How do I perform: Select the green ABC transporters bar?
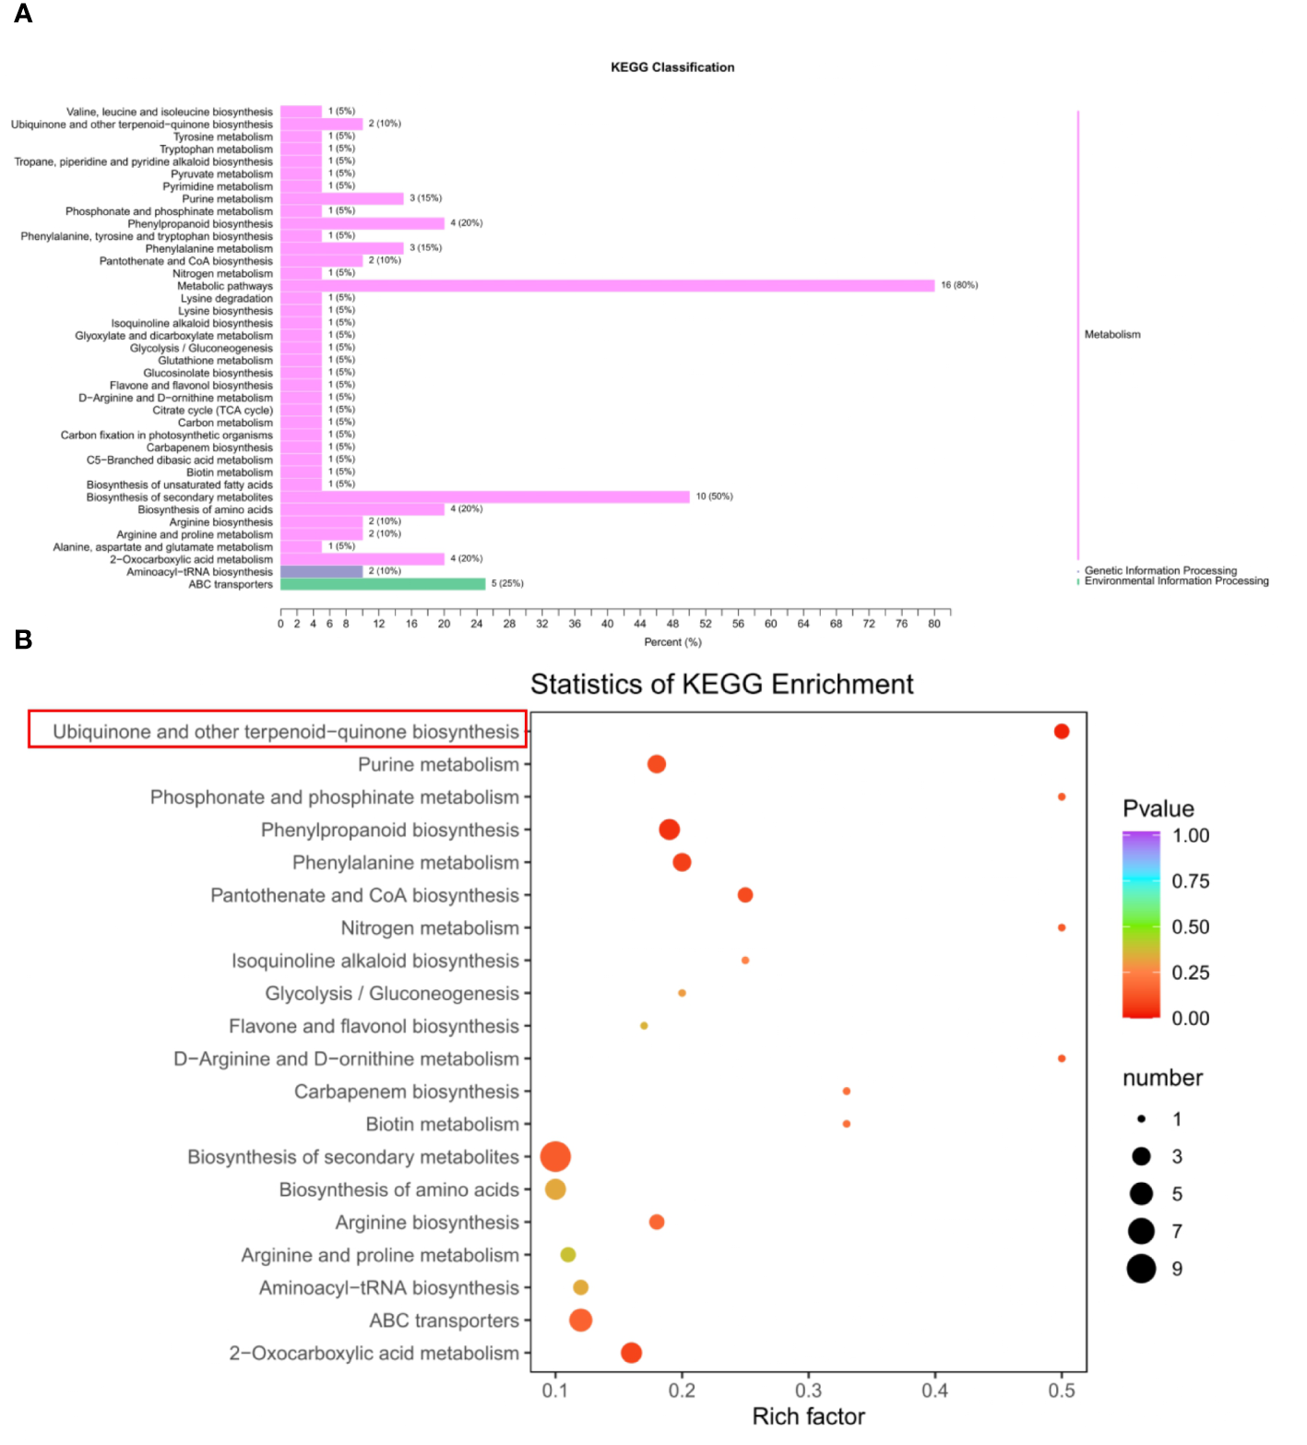tap(383, 584)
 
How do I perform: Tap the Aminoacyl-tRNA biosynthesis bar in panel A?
tap(321, 571)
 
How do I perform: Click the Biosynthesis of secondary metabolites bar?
tap(484, 496)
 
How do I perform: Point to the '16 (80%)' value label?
tap(959, 285)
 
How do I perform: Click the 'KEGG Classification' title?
tap(672, 67)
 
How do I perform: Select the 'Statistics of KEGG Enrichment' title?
tap(721, 684)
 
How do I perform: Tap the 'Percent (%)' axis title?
tap(672, 642)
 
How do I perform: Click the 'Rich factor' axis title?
tap(808, 1416)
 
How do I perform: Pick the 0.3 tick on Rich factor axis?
tap(808, 1391)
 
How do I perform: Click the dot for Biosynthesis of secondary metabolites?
tap(554, 1156)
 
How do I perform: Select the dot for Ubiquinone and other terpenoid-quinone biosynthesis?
tap(1062, 732)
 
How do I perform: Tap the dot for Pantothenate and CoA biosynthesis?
tap(745, 895)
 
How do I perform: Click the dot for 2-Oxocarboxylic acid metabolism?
tap(631, 1353)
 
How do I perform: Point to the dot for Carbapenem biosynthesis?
tap(846, 1092)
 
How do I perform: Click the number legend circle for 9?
tap(1141, 1269)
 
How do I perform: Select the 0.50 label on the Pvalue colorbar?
tap(1190, 926)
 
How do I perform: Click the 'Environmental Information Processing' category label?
tap(1176, 581)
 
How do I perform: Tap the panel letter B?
tap(23, 639)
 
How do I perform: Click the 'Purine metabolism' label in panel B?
tap(438, 765)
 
